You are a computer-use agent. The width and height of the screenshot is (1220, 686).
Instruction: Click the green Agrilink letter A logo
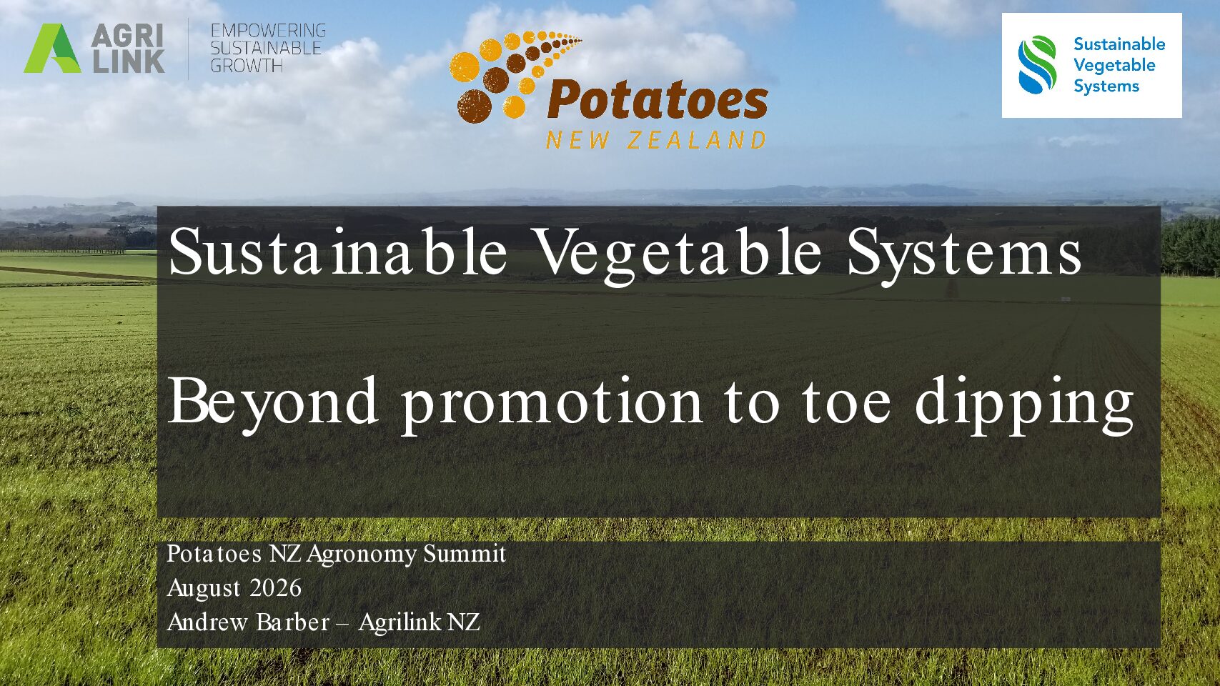pos(51,49)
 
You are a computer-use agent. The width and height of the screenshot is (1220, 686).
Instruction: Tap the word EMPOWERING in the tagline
pos(268,31)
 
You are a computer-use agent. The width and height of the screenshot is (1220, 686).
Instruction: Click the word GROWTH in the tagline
pos(246,66)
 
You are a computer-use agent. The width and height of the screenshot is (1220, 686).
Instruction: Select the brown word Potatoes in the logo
pos(658,101)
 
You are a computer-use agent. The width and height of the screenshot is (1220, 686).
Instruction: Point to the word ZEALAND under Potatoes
pos(696,141)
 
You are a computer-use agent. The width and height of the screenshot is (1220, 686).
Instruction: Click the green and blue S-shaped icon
pos(1037,65)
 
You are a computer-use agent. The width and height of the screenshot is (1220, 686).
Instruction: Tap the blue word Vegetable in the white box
pos(1114,65)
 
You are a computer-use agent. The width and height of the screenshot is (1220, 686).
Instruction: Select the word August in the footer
pos(204,589)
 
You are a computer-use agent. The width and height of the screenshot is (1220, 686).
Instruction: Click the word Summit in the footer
pos(465,554)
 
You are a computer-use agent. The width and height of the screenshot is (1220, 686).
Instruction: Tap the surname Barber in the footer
pos(292,622)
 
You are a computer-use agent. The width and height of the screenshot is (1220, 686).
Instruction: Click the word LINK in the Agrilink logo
pos(129,61)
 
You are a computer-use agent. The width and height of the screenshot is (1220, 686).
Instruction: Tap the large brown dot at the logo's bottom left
pos(475,106)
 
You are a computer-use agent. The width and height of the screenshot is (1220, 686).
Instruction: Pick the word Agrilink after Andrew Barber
pos(400,622)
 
